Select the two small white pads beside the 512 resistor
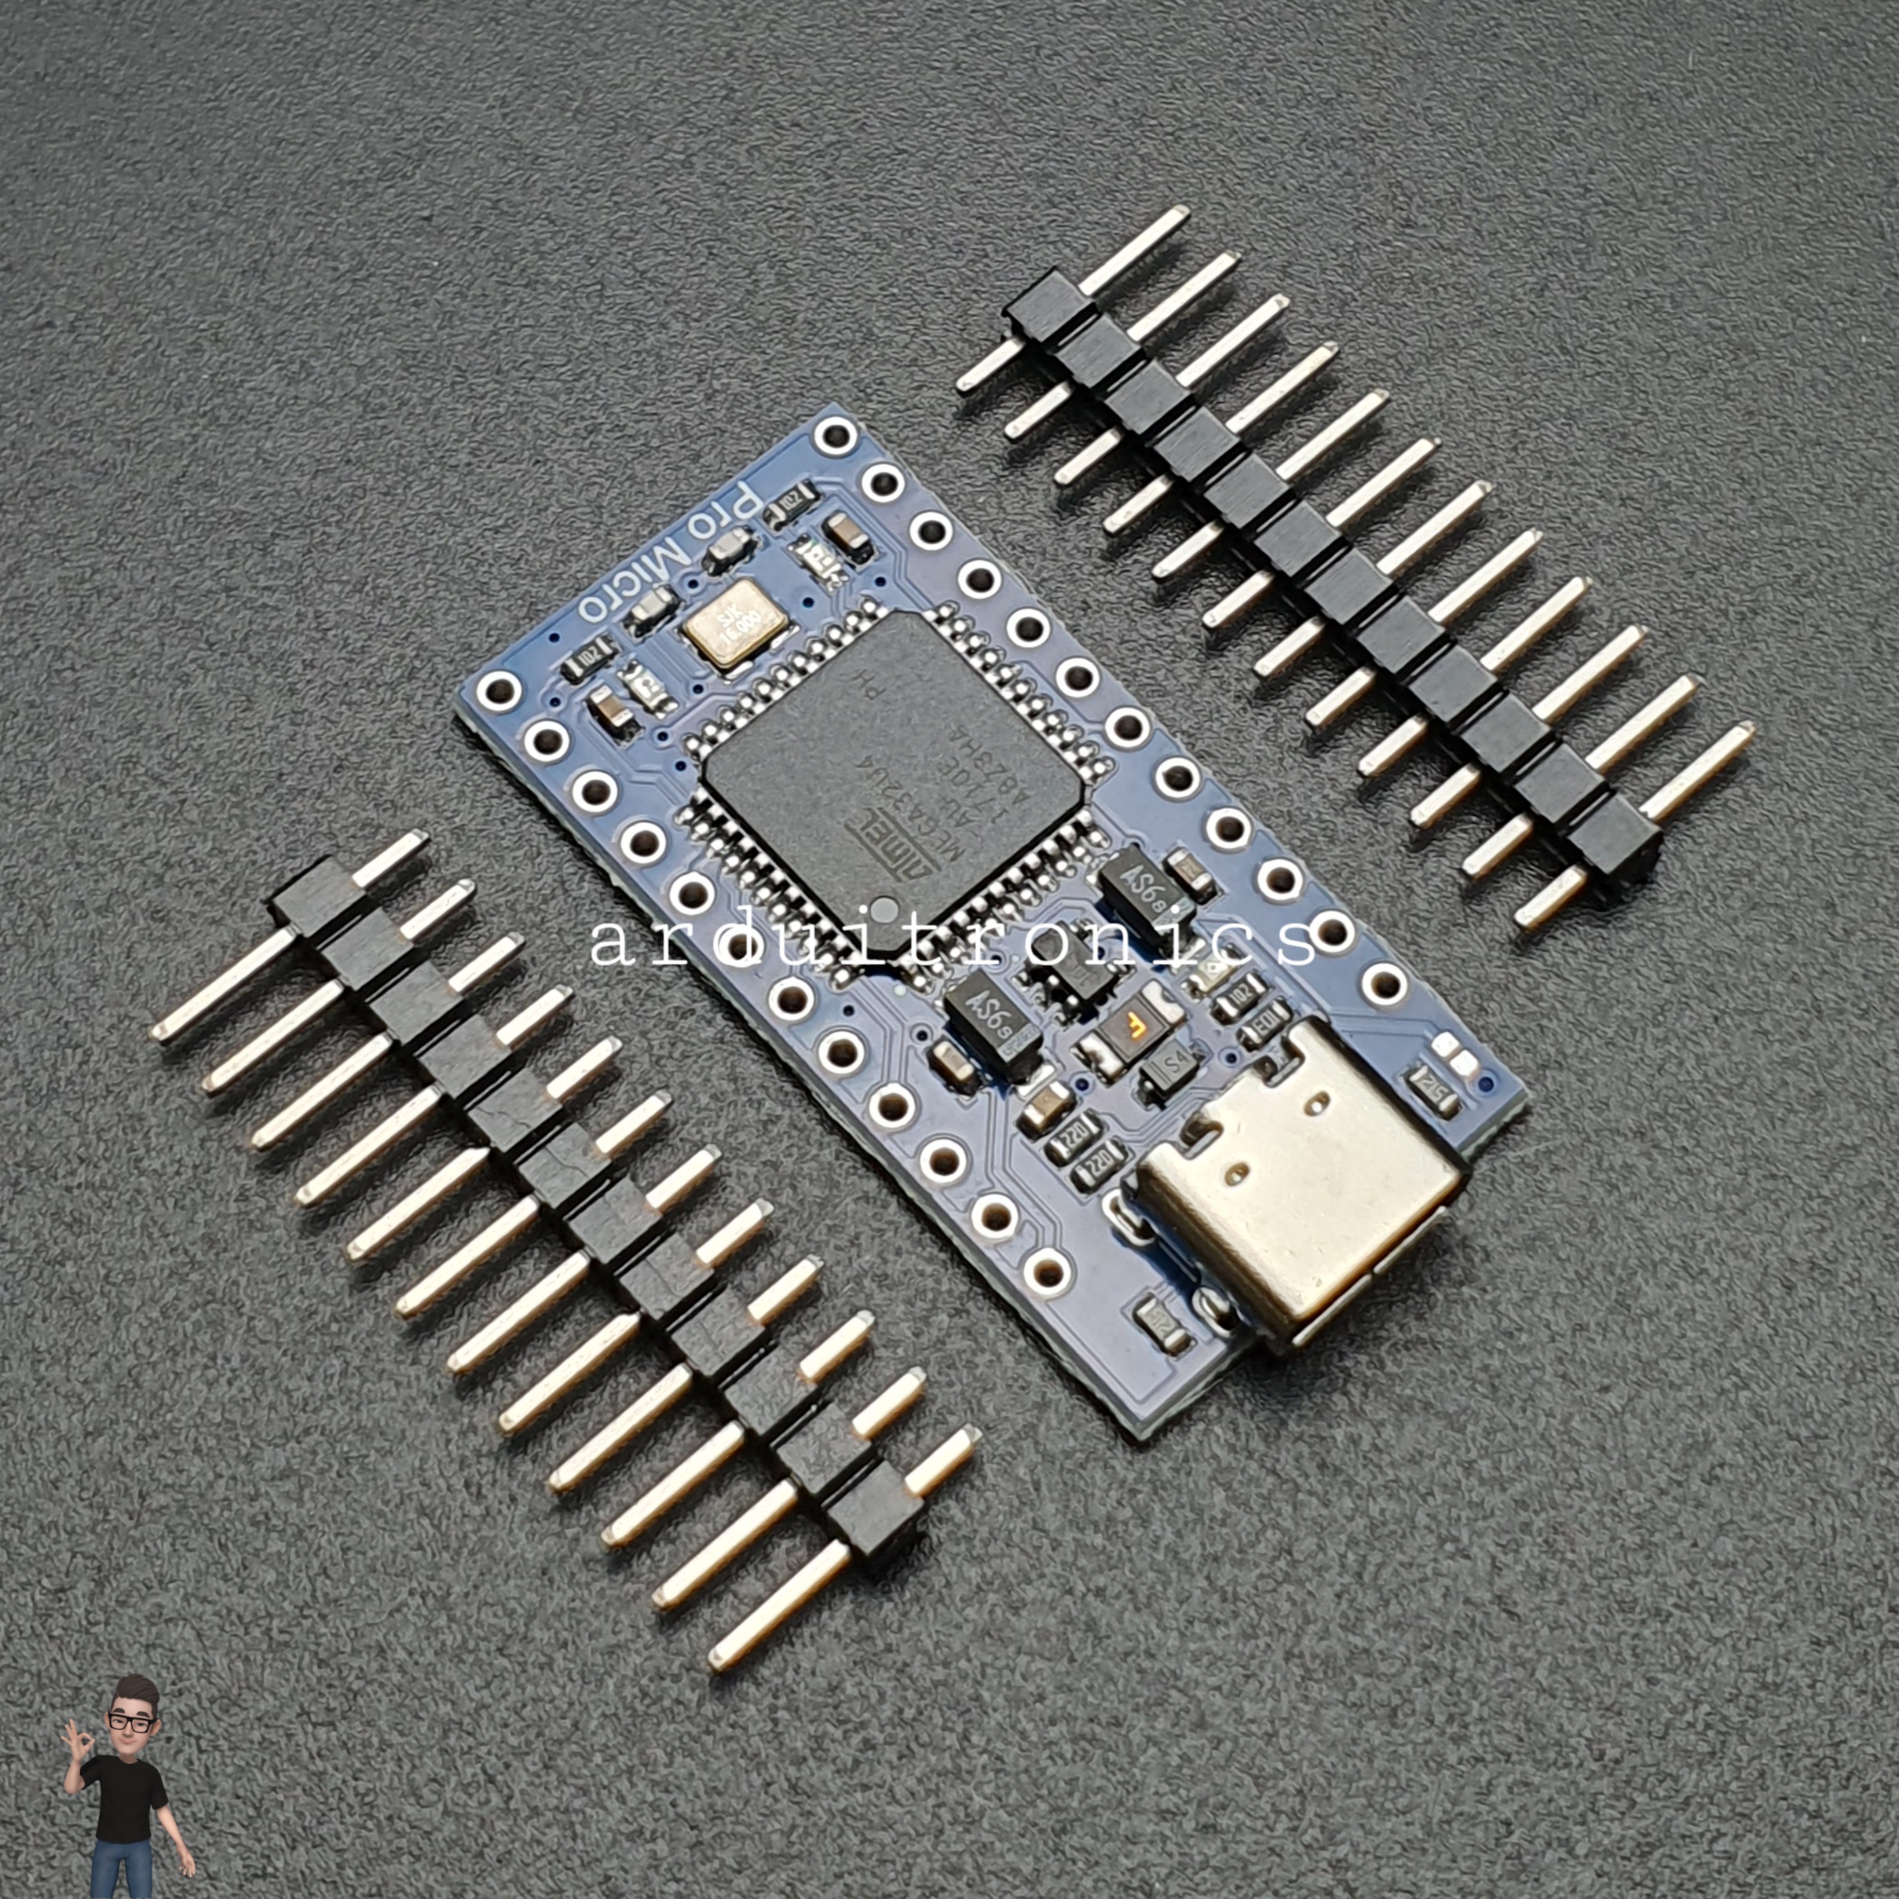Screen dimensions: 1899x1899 pos(1454,1054)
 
